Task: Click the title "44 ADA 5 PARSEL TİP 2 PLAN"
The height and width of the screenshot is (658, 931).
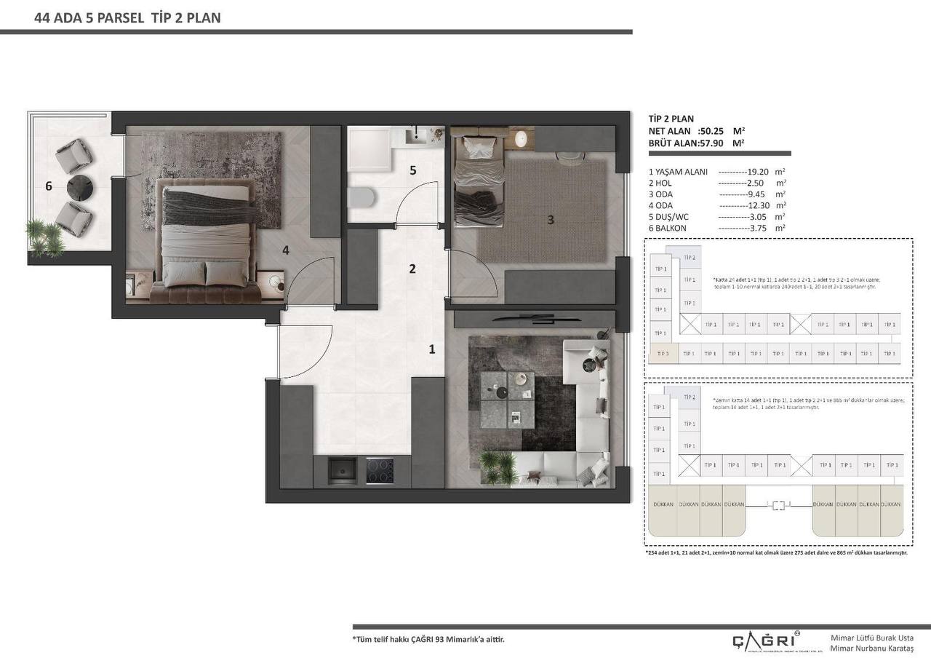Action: pyautogui.click(x=127, y=18)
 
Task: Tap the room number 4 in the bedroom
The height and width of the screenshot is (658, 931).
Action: pyautogui.click(x=286, y=250)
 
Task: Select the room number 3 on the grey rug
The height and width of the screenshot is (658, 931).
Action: pyautogui.click(x=551, y=219)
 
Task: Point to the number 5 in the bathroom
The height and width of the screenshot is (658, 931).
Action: pyautogui.click(x=412, y=170)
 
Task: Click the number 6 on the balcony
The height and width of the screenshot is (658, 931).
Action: pyautogui.click(x=49, y=186)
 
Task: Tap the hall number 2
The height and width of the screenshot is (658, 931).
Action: pyautogui.click(x=412, y=269)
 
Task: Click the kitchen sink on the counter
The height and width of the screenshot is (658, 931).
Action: pyautogui.click(x=342, y=471)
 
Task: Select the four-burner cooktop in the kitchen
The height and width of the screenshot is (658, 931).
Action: pyautogui.click(x=379, y=471)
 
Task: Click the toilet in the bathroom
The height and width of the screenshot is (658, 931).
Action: pyautogui.click(x=361, y=197)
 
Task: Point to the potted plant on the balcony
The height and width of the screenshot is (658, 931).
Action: pyautogui.click(x=45, y=237)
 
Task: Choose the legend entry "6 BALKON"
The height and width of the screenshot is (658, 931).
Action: pyautogui.click(x=668, y=228)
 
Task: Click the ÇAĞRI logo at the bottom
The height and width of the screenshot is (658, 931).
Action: pyautogui.click(x=763, y=640)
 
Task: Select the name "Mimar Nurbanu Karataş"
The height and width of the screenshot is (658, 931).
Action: pyautogui.click(x=871, y=648)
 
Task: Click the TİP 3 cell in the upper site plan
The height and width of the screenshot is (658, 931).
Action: pyautogui.click(x=663, y=354)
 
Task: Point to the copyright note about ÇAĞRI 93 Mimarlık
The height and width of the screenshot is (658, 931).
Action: pyautogui.click(x=428, y=640)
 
